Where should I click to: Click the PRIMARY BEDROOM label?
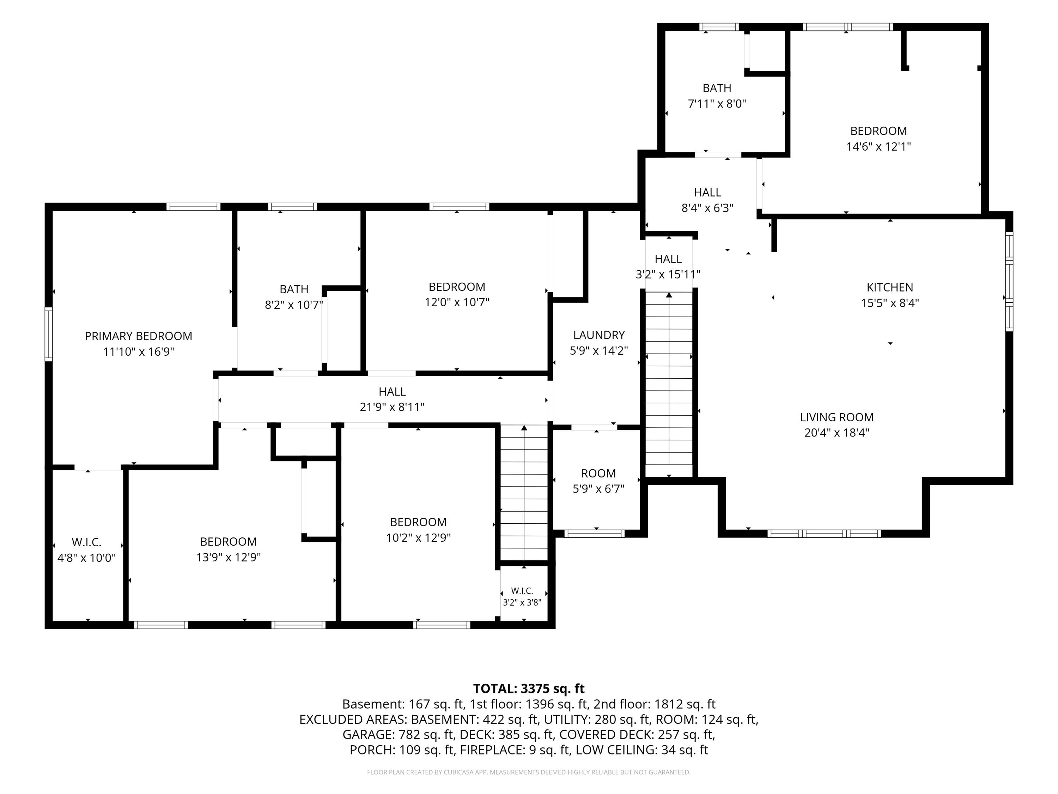[138, 336]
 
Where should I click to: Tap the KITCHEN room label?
[890, 287]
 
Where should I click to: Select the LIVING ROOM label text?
[837, 417]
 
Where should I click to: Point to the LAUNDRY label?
[599, 335]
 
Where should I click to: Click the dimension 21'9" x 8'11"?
[392, 407]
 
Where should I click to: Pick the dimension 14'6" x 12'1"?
[878, 146]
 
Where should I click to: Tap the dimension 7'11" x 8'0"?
[717, 103]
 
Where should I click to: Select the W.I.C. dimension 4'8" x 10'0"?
[86, 558]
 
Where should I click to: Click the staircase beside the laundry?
[669, 384]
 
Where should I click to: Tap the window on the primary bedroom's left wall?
[48, 333]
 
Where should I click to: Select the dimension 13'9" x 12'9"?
[228, 557]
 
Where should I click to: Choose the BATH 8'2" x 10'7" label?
[294, 297]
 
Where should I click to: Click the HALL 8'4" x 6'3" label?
[707, 200]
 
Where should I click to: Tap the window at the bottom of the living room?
[823, 534]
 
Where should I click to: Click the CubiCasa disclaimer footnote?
[529, 772]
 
